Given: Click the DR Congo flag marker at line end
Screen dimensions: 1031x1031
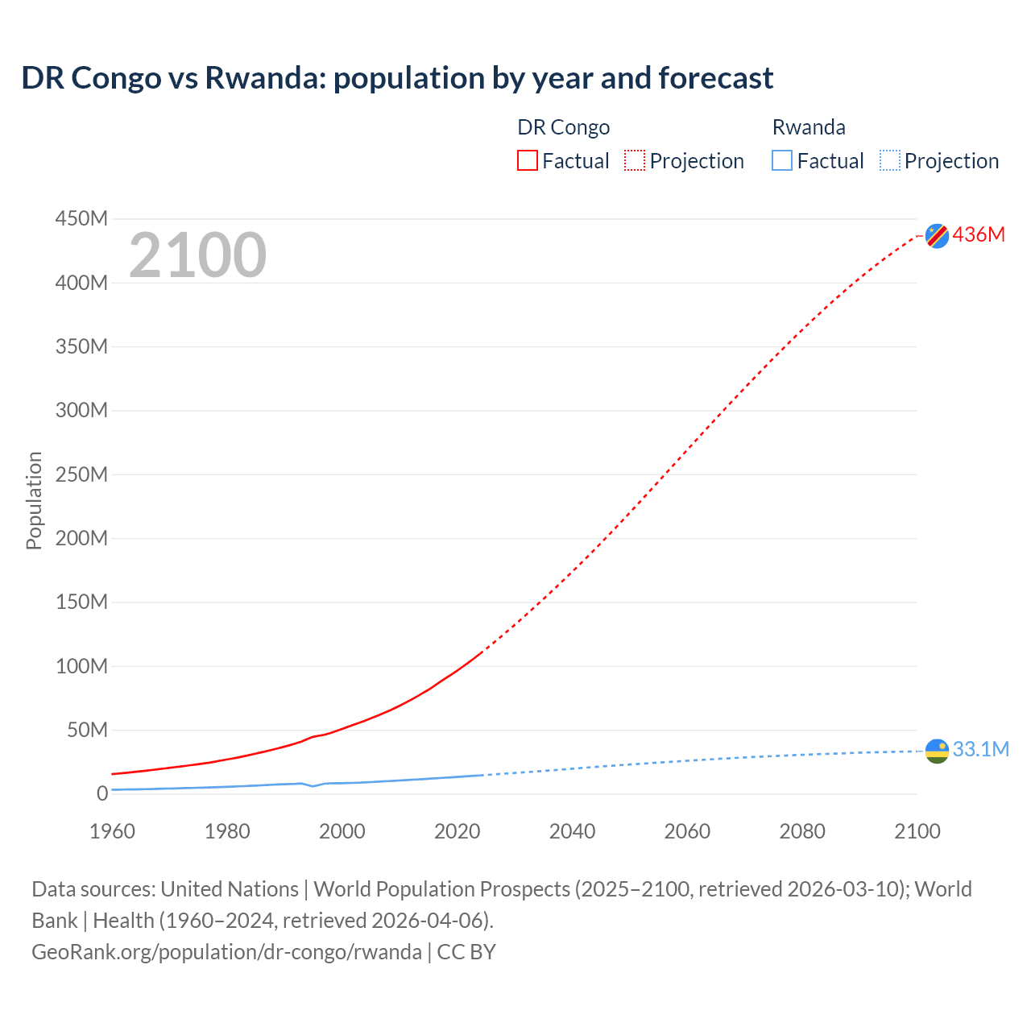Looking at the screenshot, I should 937,235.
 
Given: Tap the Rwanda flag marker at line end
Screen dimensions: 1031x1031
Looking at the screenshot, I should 937,751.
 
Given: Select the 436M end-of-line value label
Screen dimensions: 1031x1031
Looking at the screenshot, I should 979,234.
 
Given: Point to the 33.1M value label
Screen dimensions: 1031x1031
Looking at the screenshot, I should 980,749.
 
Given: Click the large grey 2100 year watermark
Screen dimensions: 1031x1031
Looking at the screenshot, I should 197,255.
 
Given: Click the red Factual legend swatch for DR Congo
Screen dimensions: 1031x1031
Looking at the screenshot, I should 528,160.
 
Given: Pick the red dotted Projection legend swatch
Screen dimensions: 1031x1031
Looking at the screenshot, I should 635,160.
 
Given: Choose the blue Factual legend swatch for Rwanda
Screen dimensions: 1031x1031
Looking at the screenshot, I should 782,160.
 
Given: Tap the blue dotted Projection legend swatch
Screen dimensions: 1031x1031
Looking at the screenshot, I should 890,160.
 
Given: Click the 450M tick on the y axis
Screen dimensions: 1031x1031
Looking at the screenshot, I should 81,218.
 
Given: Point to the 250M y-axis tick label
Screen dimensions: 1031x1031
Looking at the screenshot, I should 81,474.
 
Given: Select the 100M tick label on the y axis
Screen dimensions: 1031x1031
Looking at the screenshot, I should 81,666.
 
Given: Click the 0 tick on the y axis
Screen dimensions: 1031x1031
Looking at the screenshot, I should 101,793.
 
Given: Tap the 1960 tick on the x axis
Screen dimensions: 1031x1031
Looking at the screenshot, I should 112,831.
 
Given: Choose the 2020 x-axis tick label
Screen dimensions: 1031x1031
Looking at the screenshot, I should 457,831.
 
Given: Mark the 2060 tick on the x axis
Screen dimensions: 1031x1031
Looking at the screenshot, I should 687,831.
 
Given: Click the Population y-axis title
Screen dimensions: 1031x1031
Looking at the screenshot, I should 34,500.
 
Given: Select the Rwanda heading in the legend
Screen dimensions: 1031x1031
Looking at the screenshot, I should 809,127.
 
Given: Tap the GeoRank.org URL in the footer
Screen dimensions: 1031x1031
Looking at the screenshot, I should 226,951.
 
